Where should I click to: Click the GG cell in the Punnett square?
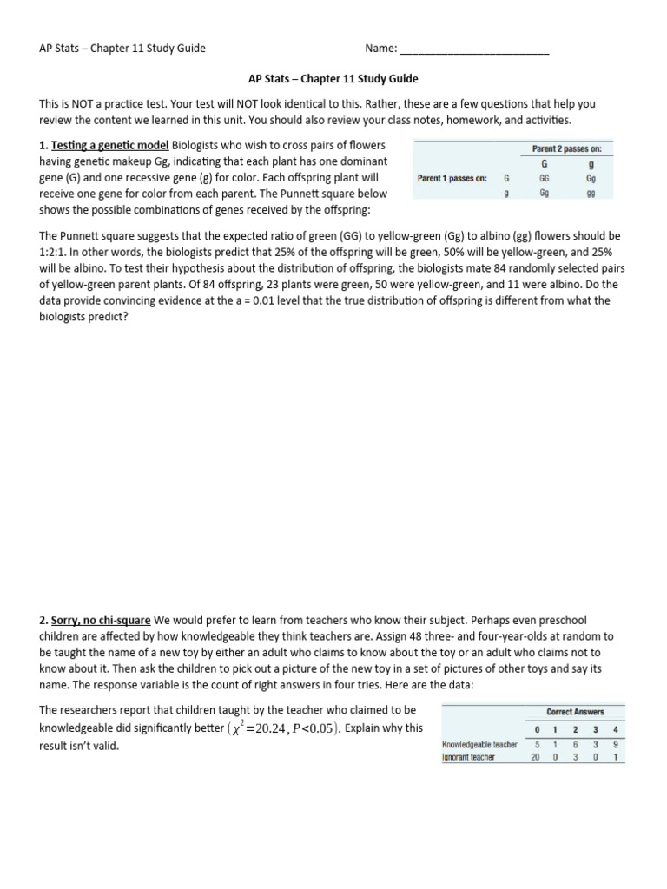coord(544,178)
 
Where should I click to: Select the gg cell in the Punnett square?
coord(591,194)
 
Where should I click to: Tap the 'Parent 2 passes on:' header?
coord(566,148)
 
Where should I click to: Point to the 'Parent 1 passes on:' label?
coord(452,178)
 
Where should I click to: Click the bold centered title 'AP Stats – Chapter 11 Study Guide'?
coord(333,78)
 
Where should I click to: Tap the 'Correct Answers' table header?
coord(575,712)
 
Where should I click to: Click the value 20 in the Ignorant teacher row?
coord(535,757)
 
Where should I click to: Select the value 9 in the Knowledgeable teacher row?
coord(615,744)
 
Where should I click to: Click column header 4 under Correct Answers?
coord(615,729)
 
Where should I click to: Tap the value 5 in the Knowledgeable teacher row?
coord(537,744)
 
